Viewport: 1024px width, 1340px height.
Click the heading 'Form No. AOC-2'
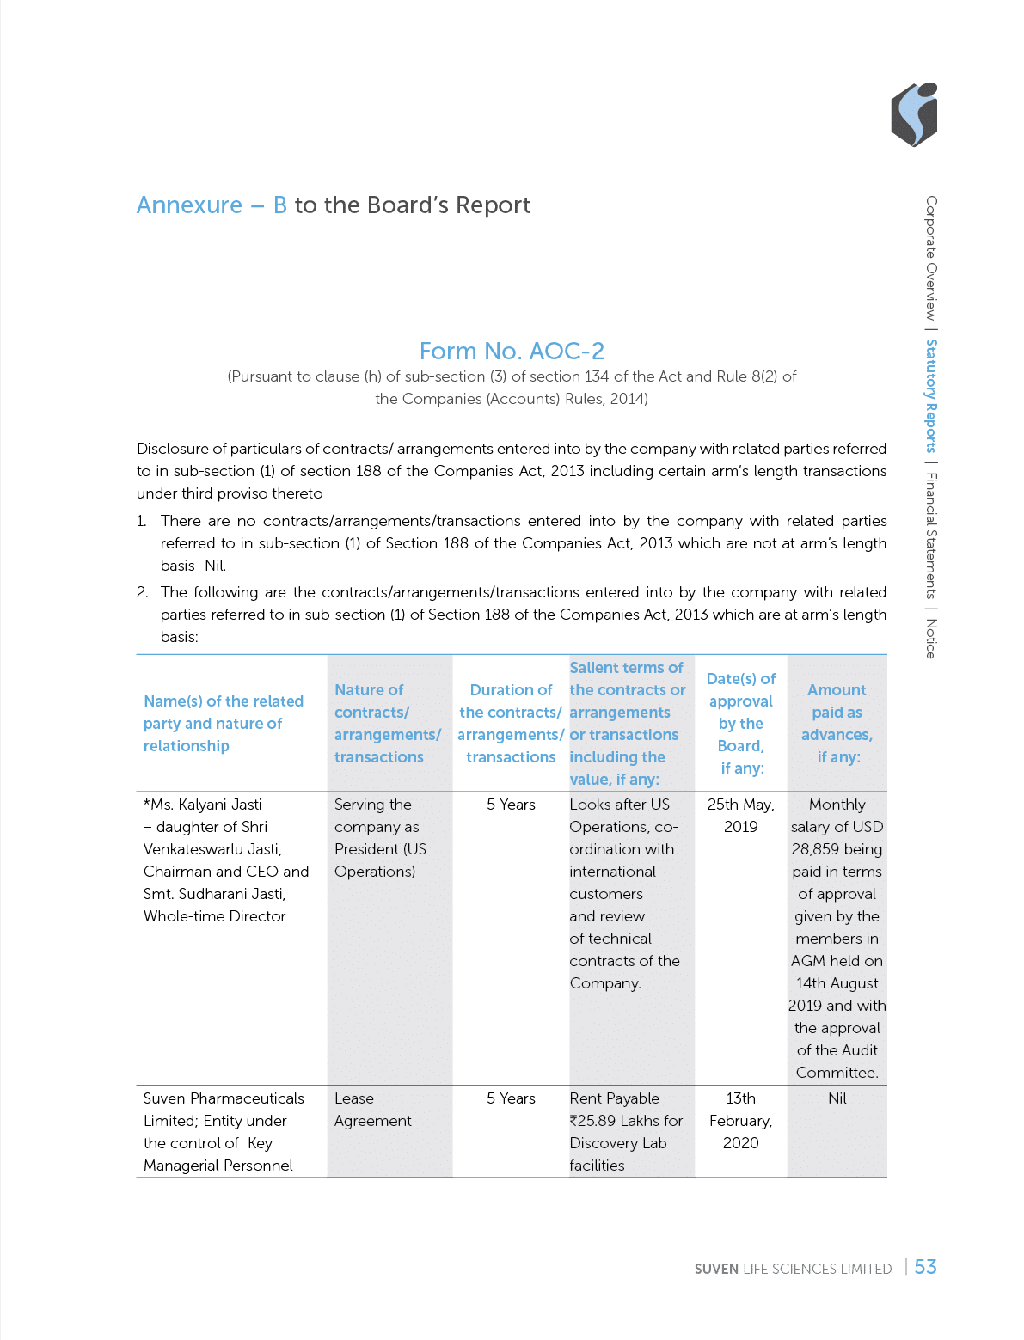coord(512,351)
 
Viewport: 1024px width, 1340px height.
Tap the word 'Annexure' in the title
coord(189,205)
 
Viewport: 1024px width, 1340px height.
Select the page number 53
coord(925,1267)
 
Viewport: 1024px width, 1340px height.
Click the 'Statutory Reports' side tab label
coord(931,395)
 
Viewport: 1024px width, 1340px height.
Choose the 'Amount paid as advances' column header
coord(837,723)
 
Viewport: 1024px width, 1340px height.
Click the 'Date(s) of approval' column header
coord(740,723)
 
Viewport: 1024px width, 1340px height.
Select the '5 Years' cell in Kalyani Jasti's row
coord(511,805)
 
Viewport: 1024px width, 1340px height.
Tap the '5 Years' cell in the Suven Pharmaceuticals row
coord(511,1098)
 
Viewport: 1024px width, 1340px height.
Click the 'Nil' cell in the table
coord(837,1098)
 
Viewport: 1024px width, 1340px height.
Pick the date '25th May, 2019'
coord(740,816)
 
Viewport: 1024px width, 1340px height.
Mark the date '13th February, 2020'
coord(740,1121)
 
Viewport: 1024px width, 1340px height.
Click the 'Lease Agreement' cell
coord(372,1110)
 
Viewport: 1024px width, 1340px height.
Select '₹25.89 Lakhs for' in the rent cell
coord(626,1121)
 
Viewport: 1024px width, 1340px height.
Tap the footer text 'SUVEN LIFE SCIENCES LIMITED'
coord(793,1269)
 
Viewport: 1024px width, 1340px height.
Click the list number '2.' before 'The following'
coord(143,592)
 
